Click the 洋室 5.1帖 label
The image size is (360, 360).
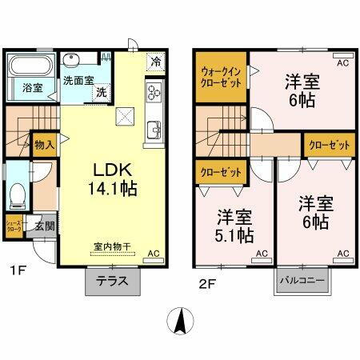(235, 226)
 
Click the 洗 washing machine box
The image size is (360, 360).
(102, 93)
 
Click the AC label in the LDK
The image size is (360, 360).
(156, 253)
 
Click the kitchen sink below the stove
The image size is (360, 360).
(153, 128)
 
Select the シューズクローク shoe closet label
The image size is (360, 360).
(14, 226)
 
